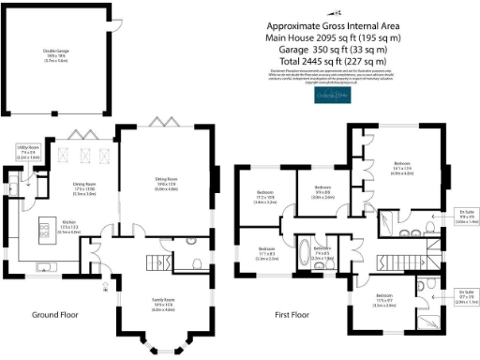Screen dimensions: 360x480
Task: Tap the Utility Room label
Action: (26, 152)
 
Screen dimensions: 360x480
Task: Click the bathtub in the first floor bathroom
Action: (306, 254)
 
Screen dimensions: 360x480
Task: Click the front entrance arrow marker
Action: (105, 284)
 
